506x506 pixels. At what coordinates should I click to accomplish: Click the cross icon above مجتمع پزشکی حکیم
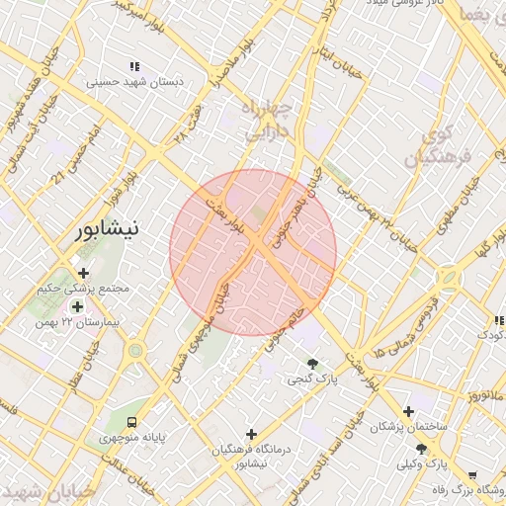click(83, 273)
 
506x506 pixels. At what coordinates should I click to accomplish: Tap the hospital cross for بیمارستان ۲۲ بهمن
click(77, 306)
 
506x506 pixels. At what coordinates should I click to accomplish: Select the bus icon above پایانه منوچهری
click(133, 417)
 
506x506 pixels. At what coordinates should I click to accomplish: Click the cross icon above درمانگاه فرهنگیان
click(251, 434)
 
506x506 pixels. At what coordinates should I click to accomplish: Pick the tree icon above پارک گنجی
click(313, 364)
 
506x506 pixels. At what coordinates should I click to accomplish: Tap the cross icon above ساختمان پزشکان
click(408, 411)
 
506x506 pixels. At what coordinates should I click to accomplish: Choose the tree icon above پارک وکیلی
click(421, 449)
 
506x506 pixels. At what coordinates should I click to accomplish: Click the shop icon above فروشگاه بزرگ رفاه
click(471, 475)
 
